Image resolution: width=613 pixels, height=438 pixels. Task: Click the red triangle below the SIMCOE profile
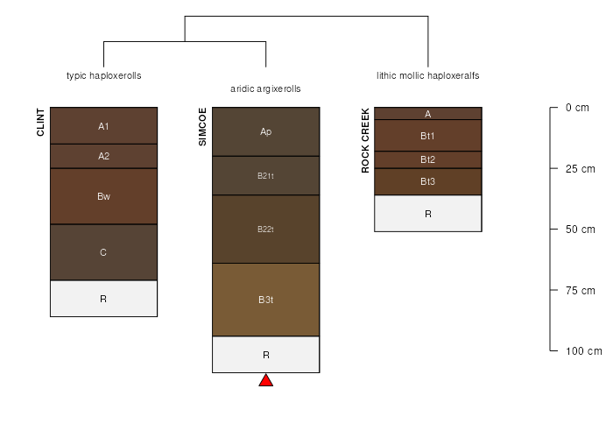pyautogui.click(x=266, y=381)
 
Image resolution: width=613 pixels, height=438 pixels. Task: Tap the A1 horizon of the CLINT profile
pyautogui.click(x=103, y=125)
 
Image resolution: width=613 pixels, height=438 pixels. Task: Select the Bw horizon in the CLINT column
pyautogui.click(x=103, y=196)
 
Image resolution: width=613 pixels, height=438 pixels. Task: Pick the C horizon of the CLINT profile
pyautogui.click(x=103, y=252)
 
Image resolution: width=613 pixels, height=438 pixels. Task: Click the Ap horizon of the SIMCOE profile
pyautogui.click(x=266, y=131)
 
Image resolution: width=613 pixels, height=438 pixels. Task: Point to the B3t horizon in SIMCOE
pyautogui.click(x=266, y=300)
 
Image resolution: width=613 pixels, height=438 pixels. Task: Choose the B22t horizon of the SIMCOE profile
pyautogui.click(x=266, y=230)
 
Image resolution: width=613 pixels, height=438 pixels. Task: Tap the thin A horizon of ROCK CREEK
pyautogui.click(x=428, y=113)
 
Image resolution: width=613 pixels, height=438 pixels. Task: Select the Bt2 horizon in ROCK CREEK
pyautogui.click(x=428, y=159)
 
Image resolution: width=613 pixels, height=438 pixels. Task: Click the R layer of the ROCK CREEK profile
pyautogui.click(x=428, y=214)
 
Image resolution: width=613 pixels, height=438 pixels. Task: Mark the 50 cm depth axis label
pyautogui.click(x=580, y=230)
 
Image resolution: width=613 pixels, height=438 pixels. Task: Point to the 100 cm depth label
pyautogui.click(x=584, y=350)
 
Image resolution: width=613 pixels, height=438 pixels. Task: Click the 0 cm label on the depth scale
pyautogui.click(x=577, y=108)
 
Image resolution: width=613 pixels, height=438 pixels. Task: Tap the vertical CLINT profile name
pyautogui.click(x=40, y=123)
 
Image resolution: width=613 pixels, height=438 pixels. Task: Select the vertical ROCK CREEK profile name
pyautogui.click(x=365, y=140)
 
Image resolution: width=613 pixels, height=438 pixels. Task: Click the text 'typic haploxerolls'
pyautogui.click(x=104, y=75)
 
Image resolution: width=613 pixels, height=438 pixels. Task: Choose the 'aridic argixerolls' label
pyautogui.click(x=266, y=88)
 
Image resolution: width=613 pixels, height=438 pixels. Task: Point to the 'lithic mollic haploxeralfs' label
pyautogui.click(x=428, y=75)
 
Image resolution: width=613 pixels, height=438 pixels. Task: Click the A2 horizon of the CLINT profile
pyautogui.click(x=103, y=157)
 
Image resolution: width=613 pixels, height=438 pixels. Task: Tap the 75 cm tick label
pyautogui.click(x=580, y=290)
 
